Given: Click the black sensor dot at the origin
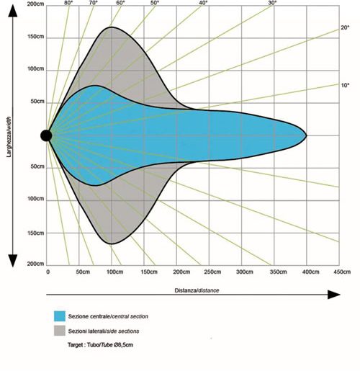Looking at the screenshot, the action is coord(46,135).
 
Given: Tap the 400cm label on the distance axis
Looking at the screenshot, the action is coord(310,272).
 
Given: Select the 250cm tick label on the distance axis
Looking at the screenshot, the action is coord(212,272).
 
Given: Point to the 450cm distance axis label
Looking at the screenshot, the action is coord(342,272).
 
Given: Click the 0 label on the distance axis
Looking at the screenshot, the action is coord(48,272).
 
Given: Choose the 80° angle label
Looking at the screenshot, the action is coord(68,3).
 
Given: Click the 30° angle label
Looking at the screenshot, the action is coord(272,3).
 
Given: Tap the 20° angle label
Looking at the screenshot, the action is coord(345,27).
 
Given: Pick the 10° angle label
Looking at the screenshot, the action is coord(345,85).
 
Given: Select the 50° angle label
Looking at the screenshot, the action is coord(155,3).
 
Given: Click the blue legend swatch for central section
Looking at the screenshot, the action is coord(60,316).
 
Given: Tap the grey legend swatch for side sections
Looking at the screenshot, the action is coord(60,331).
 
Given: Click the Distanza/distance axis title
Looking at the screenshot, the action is coord(197,290).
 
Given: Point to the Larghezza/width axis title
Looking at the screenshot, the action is coord(9,135).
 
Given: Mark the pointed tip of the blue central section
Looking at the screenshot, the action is coord(307,135).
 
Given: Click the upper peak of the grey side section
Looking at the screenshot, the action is coord(112,27).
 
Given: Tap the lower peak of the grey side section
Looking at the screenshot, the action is coord(112,244).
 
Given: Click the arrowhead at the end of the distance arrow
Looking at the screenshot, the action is coord(334,295).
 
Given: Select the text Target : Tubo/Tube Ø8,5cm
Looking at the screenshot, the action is coord(100,345).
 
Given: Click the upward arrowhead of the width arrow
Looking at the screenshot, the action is coord(13,11).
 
